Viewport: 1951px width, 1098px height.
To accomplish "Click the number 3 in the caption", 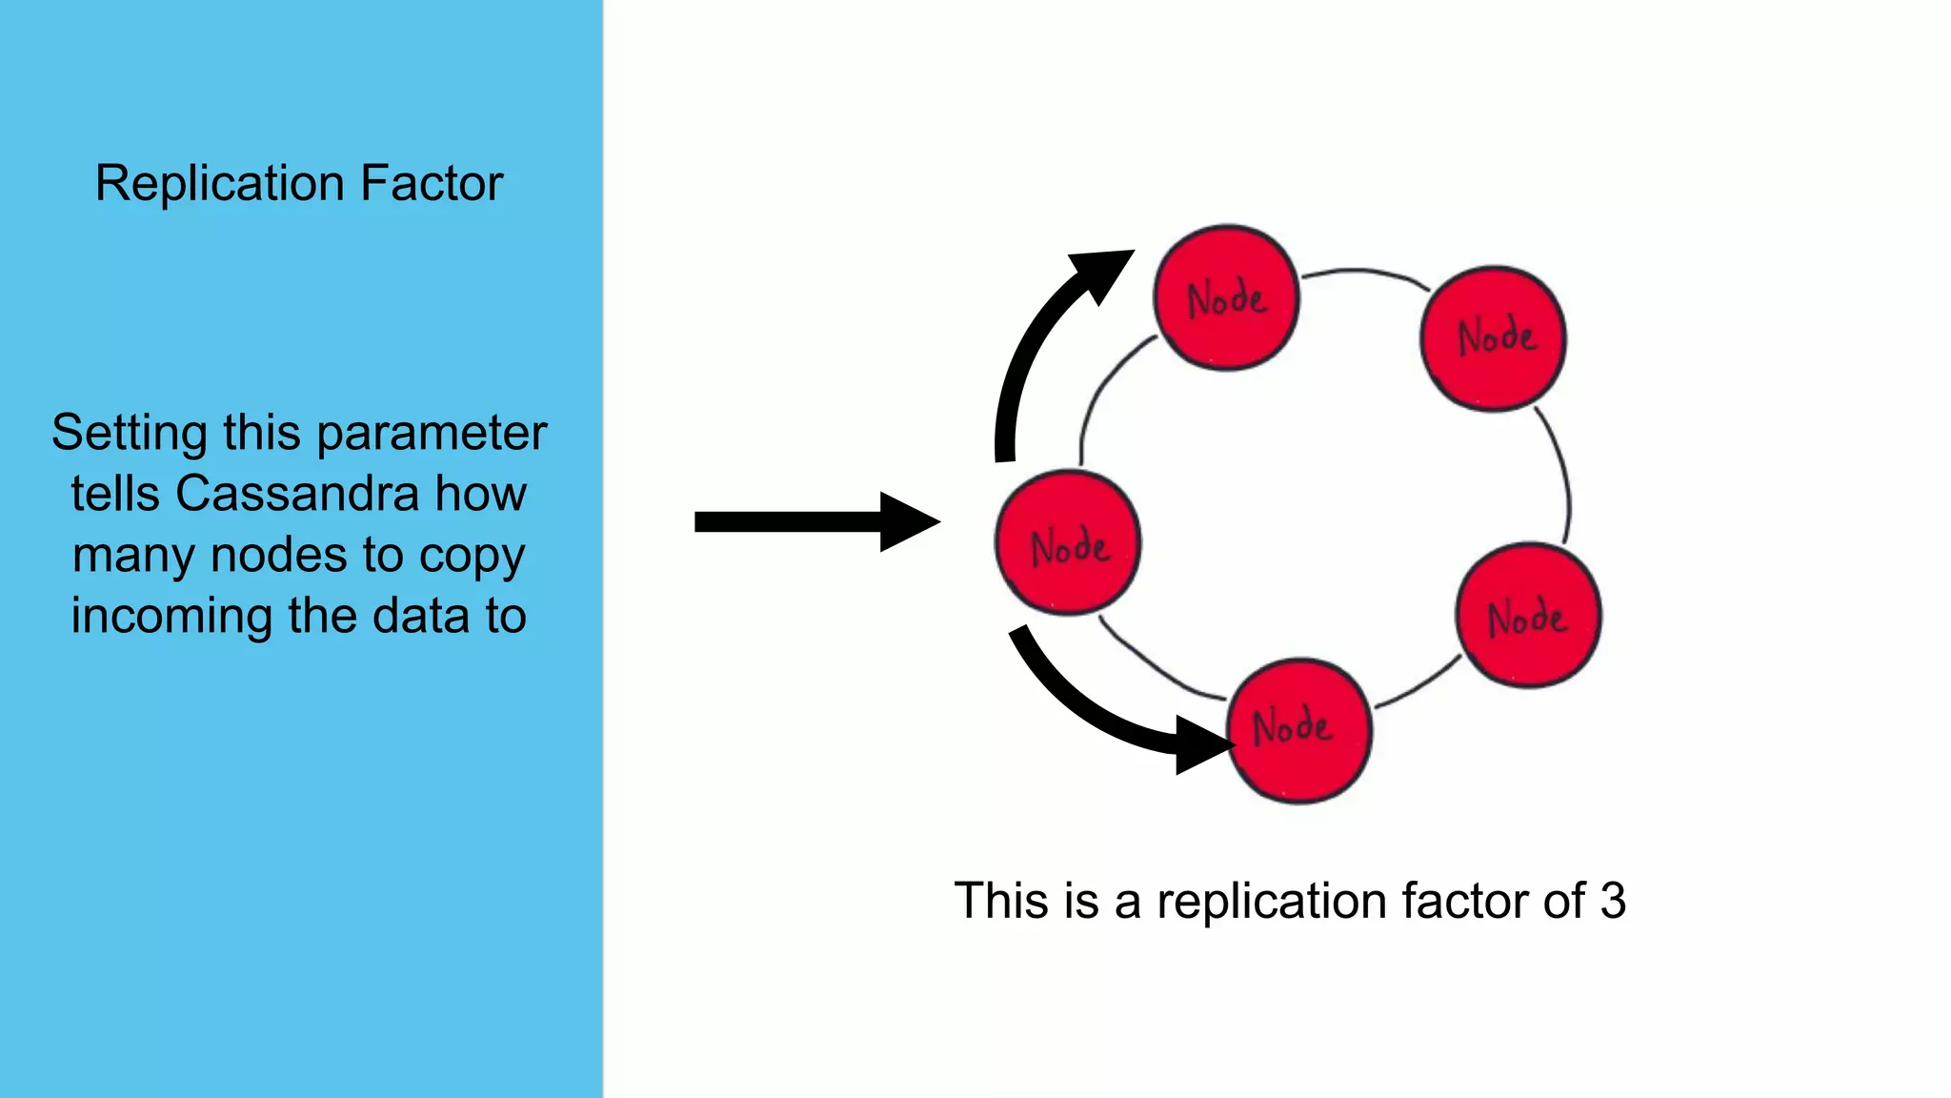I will (x=1612, y=901).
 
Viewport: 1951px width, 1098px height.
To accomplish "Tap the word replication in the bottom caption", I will (x=1271, y=901).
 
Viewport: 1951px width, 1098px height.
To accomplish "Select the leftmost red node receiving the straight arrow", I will (x=1067, y=543).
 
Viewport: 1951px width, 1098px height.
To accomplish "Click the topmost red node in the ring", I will (x=1226, y=297).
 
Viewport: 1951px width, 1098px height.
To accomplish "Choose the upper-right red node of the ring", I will (x=1493, y=338).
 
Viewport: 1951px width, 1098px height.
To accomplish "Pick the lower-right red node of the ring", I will (x=1528, y=616).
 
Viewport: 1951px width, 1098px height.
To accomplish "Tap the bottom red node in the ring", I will (x=1299, y=730).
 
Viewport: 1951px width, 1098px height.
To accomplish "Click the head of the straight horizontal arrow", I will (x=910, y=521).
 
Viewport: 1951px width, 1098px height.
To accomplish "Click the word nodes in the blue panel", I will (x=278, y=556).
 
